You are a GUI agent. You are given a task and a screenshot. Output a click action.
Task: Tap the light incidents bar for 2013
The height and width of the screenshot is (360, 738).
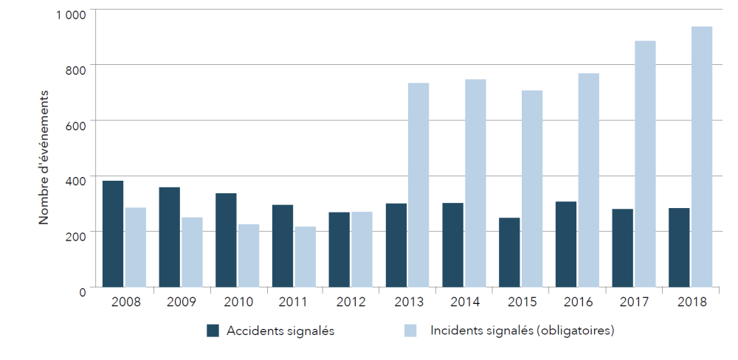418,184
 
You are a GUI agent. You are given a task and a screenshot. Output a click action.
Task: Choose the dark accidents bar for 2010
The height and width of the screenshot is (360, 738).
226,240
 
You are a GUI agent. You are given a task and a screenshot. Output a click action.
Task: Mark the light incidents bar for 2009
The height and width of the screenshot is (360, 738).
192,252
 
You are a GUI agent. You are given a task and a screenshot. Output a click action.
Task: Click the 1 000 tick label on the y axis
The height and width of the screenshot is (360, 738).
71,13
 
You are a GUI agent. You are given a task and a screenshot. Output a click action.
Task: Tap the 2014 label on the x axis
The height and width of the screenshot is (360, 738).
464,302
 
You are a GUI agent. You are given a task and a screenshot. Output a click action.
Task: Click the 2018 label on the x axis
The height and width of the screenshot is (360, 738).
691,302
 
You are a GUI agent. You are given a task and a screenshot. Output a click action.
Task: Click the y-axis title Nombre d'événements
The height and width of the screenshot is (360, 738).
44,157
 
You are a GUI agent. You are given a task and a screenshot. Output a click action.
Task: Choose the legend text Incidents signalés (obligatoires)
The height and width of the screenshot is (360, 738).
522,330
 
